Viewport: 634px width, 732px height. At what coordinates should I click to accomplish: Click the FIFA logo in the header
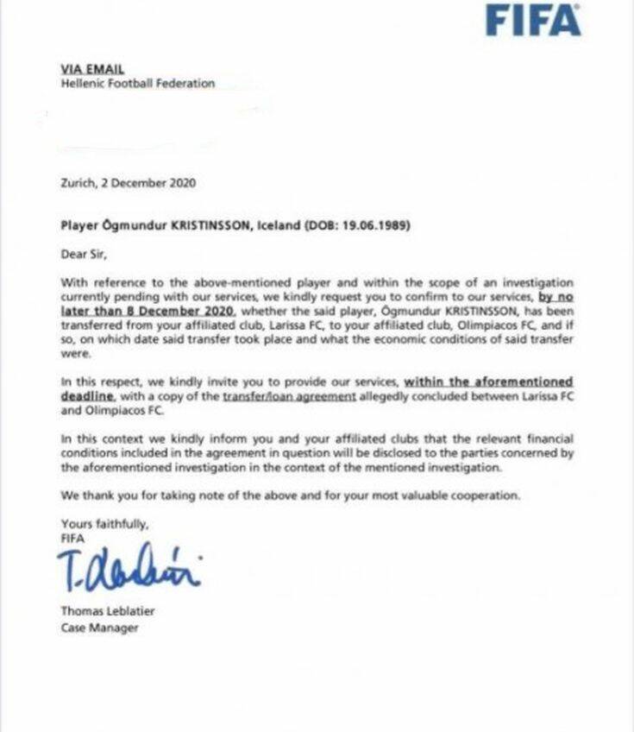click(532, 20)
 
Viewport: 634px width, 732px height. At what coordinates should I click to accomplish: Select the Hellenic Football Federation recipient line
click(137, 84)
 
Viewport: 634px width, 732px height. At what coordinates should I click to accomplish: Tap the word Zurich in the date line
click(78, 183)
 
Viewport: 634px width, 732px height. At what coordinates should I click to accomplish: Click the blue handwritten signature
click(129, 566)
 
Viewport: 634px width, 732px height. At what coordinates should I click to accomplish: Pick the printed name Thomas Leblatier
click(107, 611)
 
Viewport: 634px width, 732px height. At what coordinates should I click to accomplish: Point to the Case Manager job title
click(99, 628)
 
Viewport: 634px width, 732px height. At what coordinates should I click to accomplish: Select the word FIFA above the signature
click(72, 538)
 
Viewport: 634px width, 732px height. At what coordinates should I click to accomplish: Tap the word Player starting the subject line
click(80, 226)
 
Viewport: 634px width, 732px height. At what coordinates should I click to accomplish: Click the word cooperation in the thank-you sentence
click(486, 495)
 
